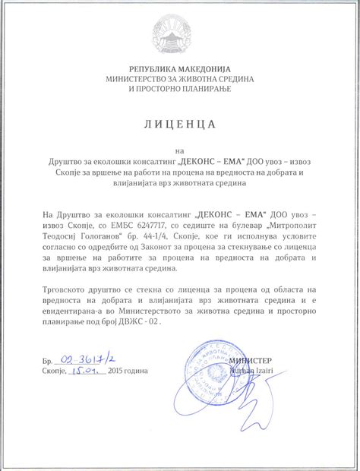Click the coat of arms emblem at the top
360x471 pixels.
tap(179, 33)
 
